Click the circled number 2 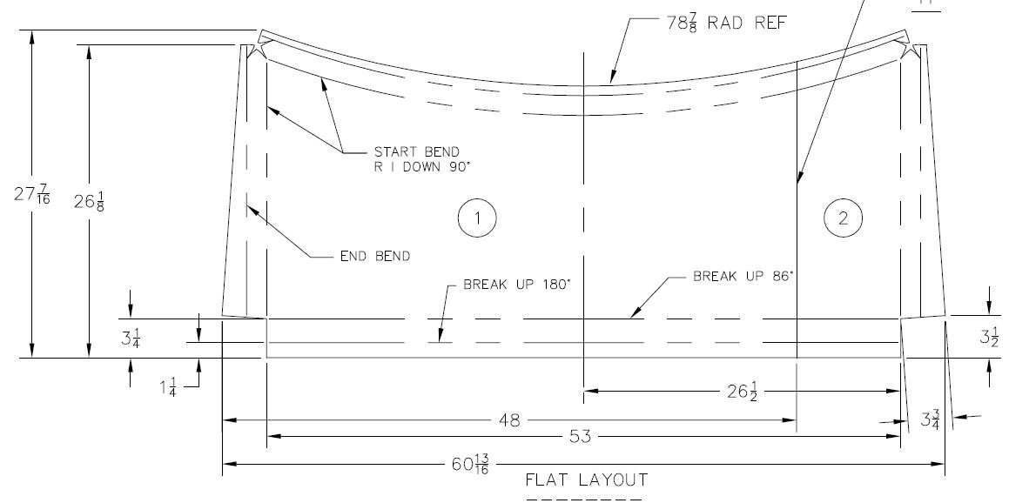(843, 218)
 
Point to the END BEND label (374, 256)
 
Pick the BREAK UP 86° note (745, 277)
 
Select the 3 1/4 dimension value (130, 338)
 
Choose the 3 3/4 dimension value (930, 419)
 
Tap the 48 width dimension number (509, 420)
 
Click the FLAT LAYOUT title (586, 480)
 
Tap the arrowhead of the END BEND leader (249, 205)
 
